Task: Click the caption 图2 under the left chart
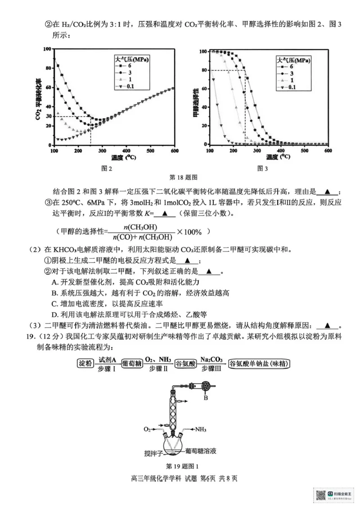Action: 107,169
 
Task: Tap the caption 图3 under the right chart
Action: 262,169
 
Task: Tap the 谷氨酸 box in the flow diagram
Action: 184,363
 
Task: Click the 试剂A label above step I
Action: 108,359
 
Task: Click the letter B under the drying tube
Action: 206,397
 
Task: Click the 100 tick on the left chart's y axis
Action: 47,49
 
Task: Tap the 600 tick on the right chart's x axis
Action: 328,150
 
